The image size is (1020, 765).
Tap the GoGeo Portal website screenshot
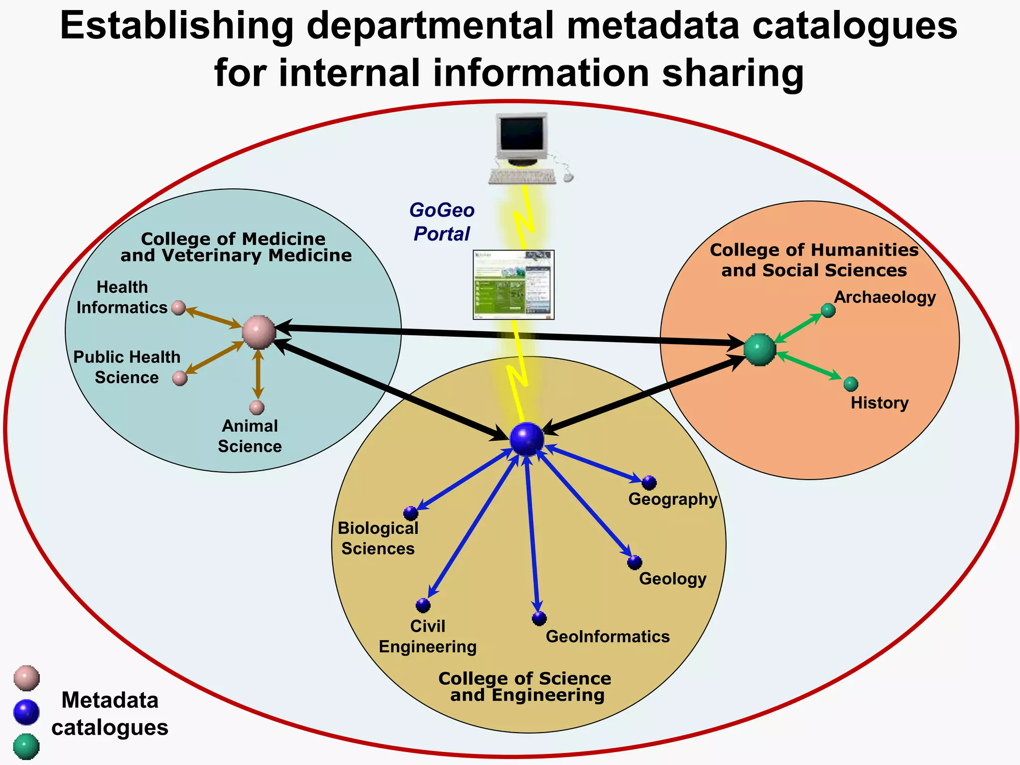(513, 285)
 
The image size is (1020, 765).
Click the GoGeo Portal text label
(442, 222)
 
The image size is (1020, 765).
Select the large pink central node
(259, 332)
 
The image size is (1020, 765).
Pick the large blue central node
(526, 439)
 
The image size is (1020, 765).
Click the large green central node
(760, 350)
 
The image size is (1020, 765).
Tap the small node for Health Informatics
(178, 308)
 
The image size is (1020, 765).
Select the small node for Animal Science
(257, 407)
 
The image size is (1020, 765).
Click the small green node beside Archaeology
(828, 310)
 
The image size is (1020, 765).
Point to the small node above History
(851, 384)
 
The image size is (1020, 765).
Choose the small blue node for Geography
(649, 483)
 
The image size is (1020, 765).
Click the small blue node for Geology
(635, 562)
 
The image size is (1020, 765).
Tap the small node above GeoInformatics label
(539, 619)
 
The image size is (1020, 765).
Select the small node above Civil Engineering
(423, 606)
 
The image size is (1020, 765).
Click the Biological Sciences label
(378, 538)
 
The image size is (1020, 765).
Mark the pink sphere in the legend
(26, 678)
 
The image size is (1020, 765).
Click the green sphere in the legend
(26, 746)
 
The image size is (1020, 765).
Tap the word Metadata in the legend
(110, 700)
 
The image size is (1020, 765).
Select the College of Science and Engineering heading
(525, 687)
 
